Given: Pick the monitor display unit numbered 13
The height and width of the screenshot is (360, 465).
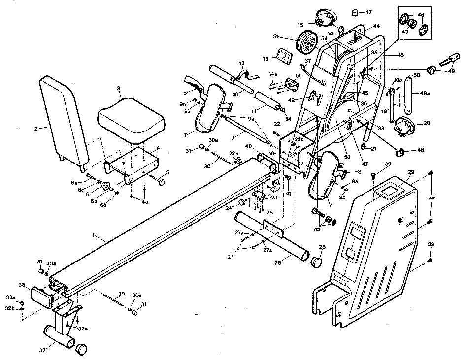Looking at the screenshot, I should tap(284, 55).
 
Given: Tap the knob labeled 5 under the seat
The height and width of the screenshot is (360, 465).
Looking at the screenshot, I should tap(162, 182).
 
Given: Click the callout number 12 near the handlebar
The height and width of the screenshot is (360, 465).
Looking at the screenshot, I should tap(242, 63).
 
